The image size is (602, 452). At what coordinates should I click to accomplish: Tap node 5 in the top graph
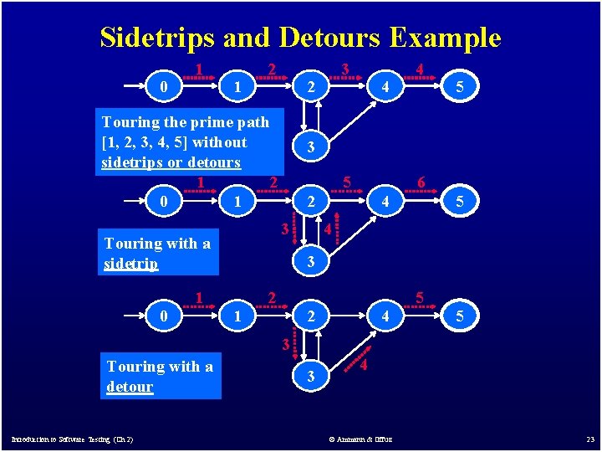[459, 85]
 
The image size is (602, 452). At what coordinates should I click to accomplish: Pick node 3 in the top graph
[311, 147]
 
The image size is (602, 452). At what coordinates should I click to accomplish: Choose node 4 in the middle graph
[385, 202]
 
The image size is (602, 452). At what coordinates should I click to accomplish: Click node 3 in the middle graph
[311, 262]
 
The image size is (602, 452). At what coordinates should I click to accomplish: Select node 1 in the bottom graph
[238, 317]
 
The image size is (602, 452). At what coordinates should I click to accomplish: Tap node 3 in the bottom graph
[311, 377]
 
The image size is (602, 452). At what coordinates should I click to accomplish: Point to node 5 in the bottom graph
[459, 317]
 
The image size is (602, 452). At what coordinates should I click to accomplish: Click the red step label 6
[421, 183]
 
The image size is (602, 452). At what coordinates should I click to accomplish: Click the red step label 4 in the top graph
[420, 69]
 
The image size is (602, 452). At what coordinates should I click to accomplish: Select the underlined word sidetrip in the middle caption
[131, 264]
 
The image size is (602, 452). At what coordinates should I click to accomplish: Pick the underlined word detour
[130, 387]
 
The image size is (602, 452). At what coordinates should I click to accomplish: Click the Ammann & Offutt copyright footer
[361, 439]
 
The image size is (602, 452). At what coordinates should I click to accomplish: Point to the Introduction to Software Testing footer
[72, 439]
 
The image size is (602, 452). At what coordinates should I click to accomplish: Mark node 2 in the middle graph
[311, 202]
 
